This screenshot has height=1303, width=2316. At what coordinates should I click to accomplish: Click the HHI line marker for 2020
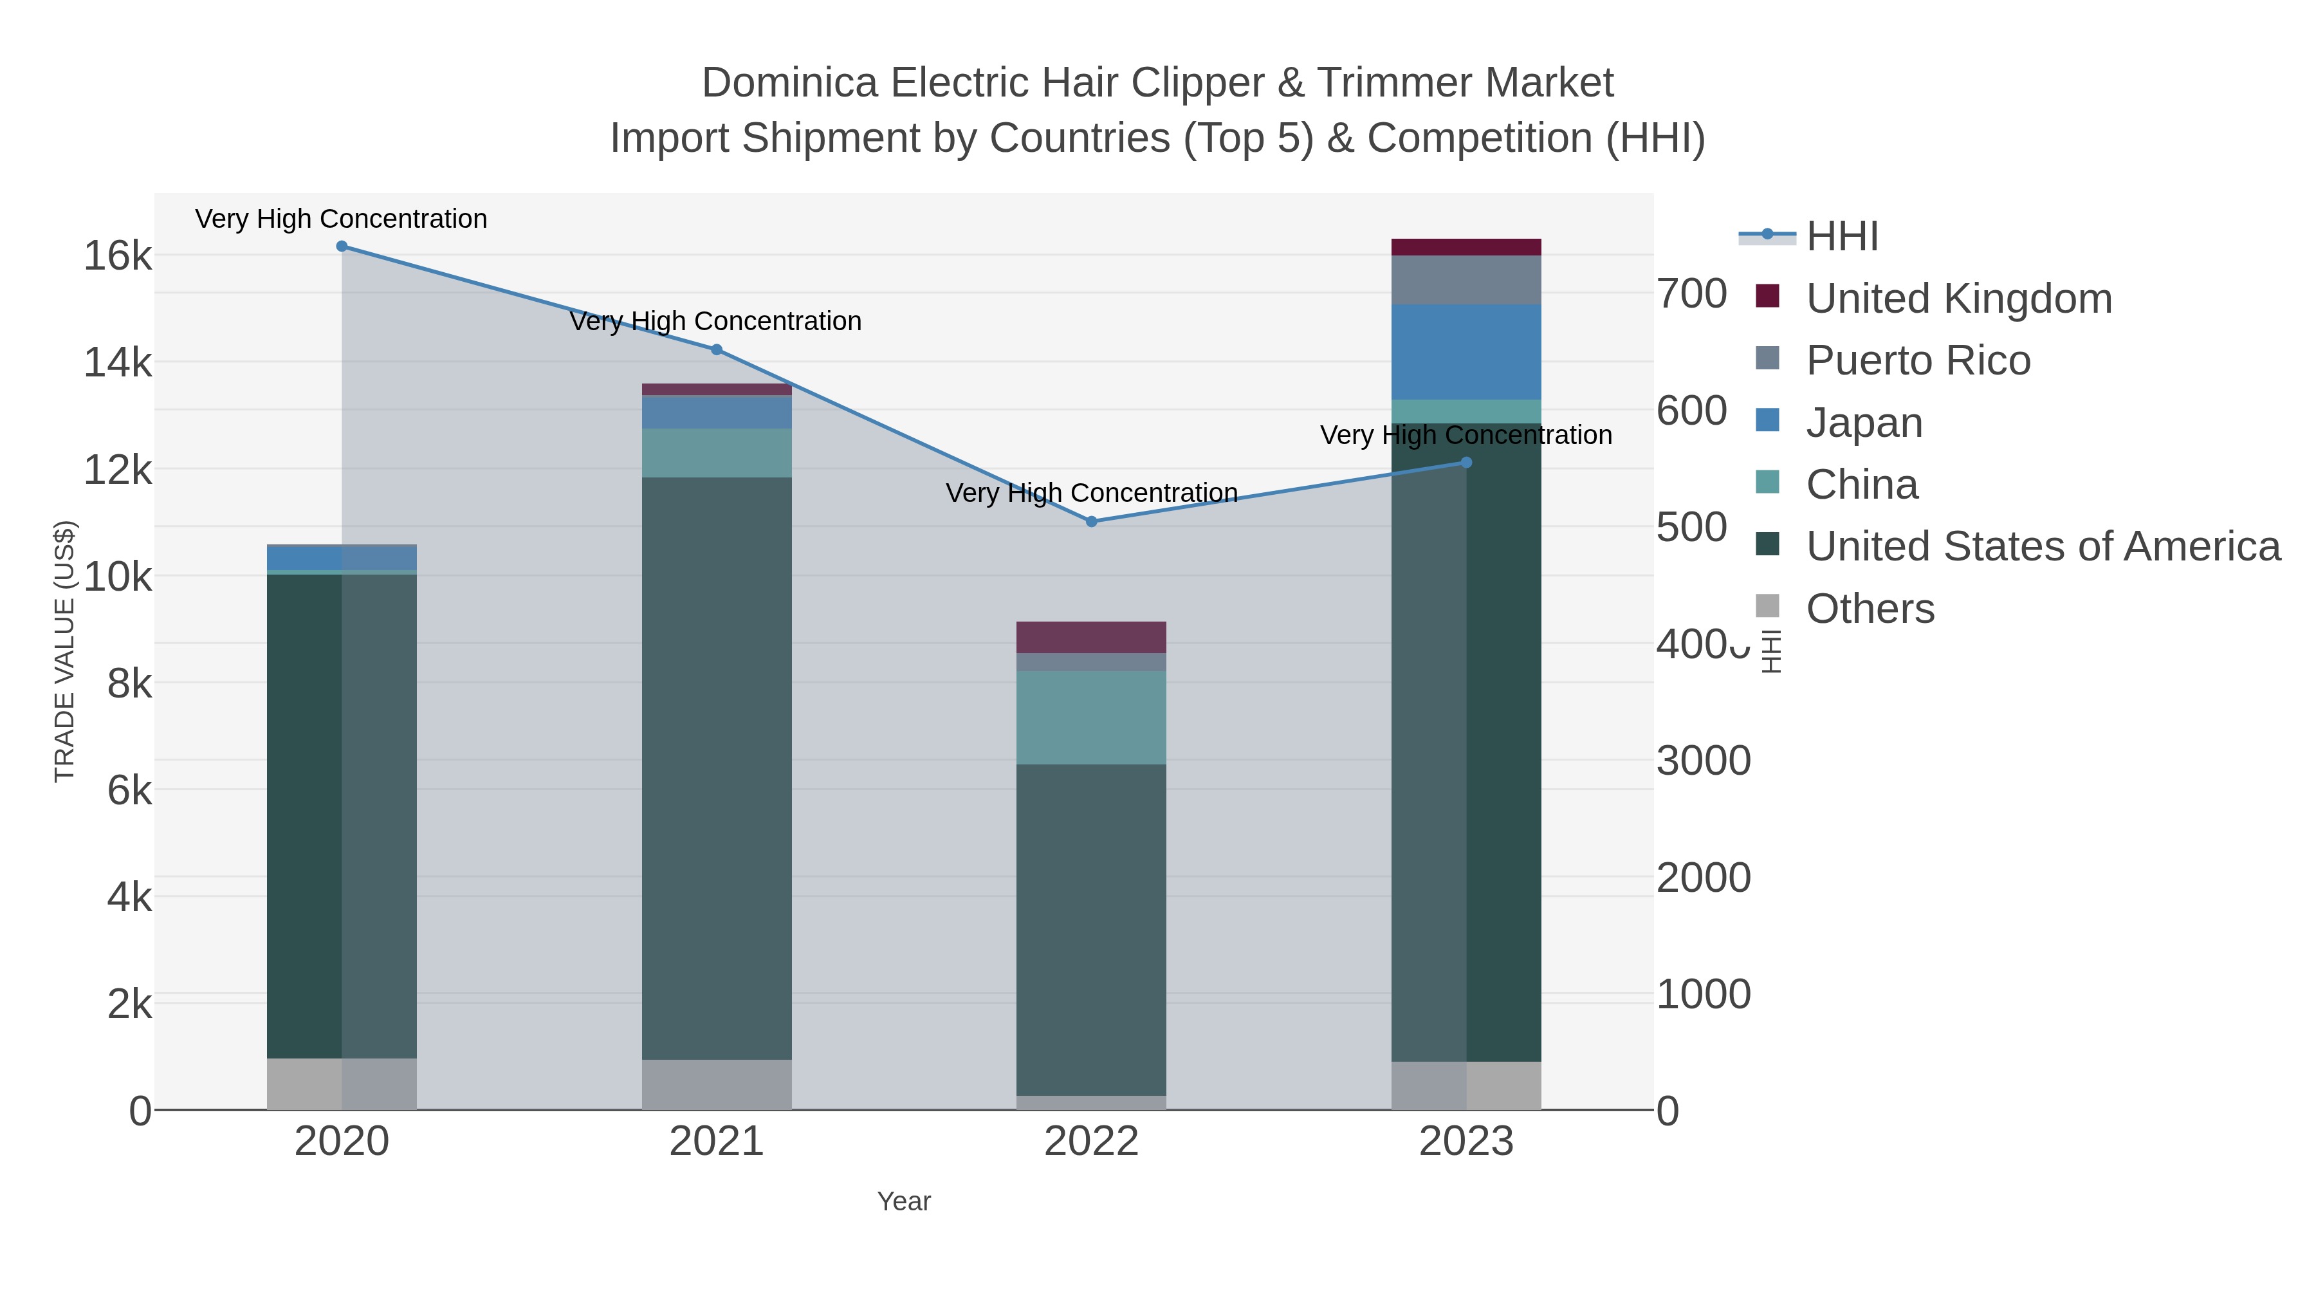click(342, 246)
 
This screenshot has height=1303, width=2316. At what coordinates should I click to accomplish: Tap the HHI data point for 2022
click(1092, 522)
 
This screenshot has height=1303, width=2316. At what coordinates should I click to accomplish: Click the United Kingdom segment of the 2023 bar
click(1466, 247)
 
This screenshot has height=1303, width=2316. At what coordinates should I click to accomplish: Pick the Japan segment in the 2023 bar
click(1466, 351)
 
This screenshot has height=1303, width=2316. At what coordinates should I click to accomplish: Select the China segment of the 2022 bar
click(1092, 717)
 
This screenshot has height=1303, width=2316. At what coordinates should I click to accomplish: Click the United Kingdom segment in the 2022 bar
click(1092, 636)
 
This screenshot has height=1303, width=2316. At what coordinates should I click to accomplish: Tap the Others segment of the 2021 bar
click(717, 1084)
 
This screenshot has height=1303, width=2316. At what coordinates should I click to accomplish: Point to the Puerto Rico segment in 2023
click(1466, 280)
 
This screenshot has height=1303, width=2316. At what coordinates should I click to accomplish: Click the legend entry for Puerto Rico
click(1918, 360)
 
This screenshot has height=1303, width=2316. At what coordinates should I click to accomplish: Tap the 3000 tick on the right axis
click(1703, 761)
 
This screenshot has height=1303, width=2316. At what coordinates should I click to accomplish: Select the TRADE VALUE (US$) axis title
click(65, 651)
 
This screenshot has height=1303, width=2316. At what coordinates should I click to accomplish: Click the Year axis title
click(904, 1201)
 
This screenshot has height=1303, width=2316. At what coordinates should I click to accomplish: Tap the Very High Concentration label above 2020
click(342, 219)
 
